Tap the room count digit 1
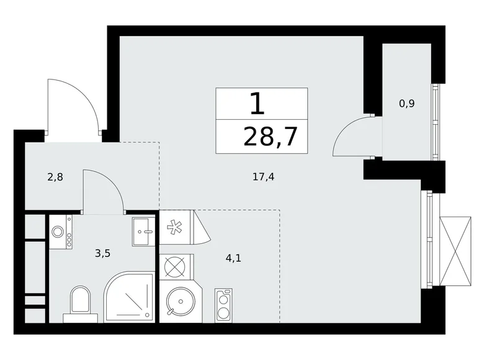[257, 104]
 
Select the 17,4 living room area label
[263, 176]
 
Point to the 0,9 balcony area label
[406, 104]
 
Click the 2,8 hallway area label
[55, 177]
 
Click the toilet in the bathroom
[81, 302]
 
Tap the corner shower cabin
[129, 298]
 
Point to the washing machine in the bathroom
[60, 232]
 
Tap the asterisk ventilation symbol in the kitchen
[175, 227]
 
